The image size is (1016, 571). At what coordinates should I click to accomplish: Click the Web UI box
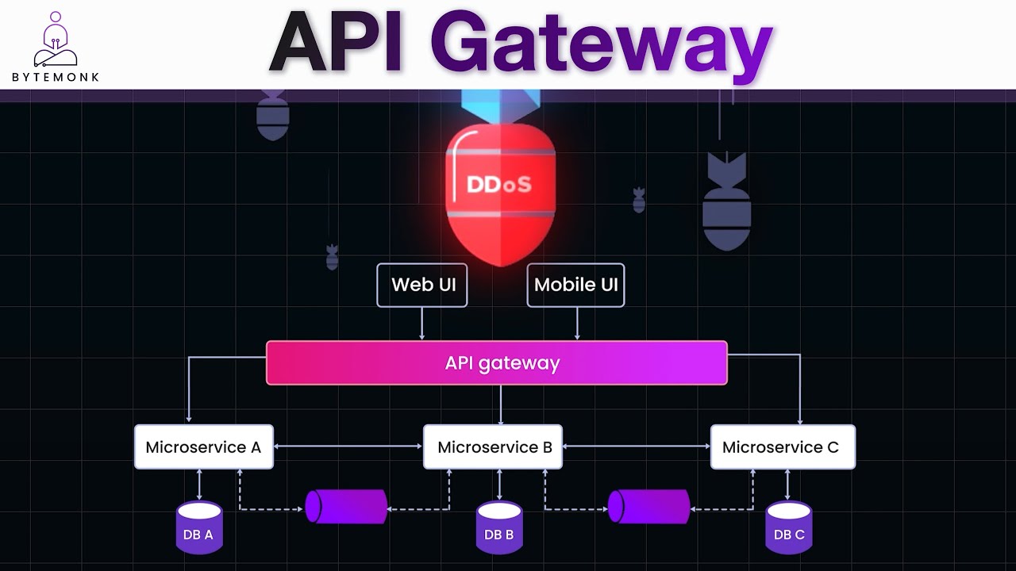coord(421,285)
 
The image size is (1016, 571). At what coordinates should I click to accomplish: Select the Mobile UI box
coord(575,285)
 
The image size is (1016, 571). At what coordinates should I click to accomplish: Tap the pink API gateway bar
coord(497,363)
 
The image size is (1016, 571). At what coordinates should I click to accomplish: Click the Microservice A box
coord(203,446)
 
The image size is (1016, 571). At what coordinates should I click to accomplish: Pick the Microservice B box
coord(493,446)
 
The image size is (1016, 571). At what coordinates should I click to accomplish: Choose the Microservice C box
coord(782,446)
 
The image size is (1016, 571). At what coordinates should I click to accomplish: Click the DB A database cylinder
coord(198,527)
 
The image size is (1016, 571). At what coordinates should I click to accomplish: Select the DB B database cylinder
coord(499,527)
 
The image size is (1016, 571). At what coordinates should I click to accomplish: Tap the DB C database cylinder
coord(788,527)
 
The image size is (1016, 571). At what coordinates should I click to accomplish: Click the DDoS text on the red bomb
coord(498,185)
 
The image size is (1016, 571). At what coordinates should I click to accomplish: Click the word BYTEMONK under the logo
coord(56,77)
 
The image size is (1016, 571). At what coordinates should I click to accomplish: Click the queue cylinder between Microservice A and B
coord(347,507)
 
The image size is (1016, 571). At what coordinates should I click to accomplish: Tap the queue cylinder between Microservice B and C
coord(648,507)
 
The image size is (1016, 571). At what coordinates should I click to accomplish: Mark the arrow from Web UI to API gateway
coord(421,324)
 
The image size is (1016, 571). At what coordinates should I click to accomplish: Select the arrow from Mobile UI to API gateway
coord(577,324)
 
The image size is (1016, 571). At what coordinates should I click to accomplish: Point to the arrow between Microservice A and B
coord(348,446)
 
